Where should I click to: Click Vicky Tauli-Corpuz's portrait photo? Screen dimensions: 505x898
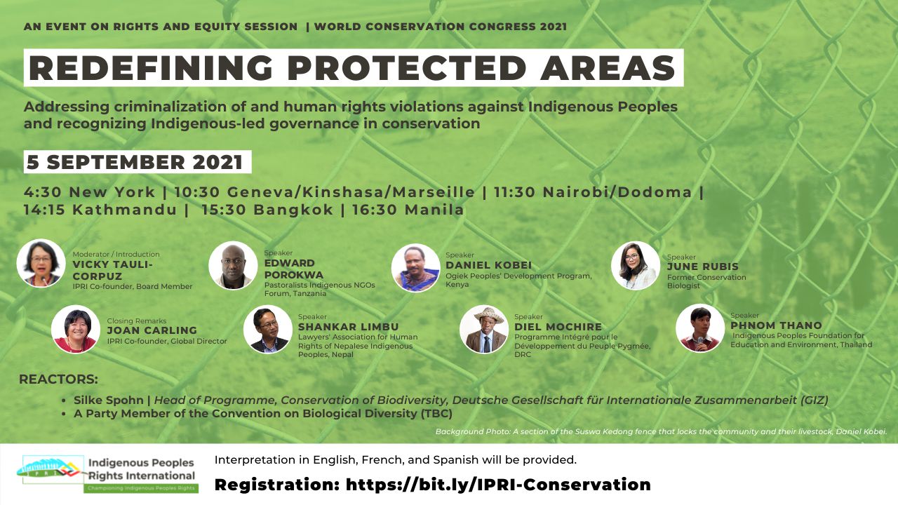[x=41, y=263]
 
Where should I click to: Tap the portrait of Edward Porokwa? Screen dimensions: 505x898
[x=233, y=265]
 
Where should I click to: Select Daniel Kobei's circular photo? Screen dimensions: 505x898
[x=416, y=268]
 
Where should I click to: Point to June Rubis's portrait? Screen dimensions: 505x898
[x=636, y=265]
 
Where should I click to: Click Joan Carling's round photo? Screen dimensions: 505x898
[x=76, y=329]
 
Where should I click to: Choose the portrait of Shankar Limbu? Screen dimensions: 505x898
[x=268, y=329]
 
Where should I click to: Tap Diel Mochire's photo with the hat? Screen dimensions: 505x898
[x=484, y=329]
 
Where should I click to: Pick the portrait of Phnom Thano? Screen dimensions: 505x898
[x=700, y=328]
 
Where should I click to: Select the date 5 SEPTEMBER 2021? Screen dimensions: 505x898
[x=135, y=162]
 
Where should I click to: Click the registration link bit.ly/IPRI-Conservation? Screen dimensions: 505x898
[x=498, y=484]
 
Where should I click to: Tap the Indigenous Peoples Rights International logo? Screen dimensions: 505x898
[x=107, y=473]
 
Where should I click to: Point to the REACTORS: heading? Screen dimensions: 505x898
[x=58, y=379]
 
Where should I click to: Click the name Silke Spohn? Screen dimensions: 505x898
[x=108, y=400]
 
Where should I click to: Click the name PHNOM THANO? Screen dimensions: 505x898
[x=776, y=325]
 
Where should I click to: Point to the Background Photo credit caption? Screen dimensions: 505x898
[x=661, y=431]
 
